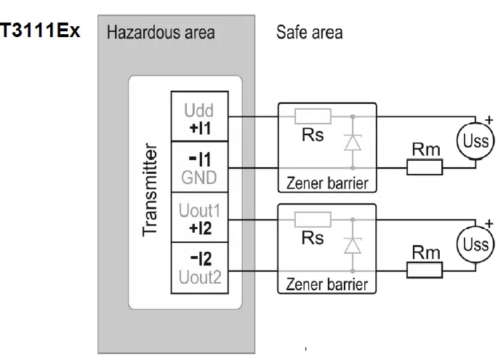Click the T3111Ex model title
tap(40, 31)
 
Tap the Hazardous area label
tap(161, 33)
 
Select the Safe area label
tap(310, 33)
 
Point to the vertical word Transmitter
tap(150, 190)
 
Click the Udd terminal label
tap(198, 111)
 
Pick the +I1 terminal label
tap(200, 129)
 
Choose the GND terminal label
tap(199, 177)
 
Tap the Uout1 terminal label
tap(199, 210)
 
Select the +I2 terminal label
tap(200, 228)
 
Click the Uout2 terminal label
tap(200, 277)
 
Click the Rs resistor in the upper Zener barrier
tap(313, 116)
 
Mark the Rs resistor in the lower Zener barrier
tap(313, 220)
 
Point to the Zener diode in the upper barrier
tap(353, 143)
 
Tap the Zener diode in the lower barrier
tap(353, 246)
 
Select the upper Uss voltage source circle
tap(475, 141)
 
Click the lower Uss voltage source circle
tap(475, 244)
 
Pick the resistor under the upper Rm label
tap(425, 167)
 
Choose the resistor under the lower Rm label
tap(425, 271)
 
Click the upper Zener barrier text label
tap(327, 183)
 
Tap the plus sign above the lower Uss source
tap(489, 224)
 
